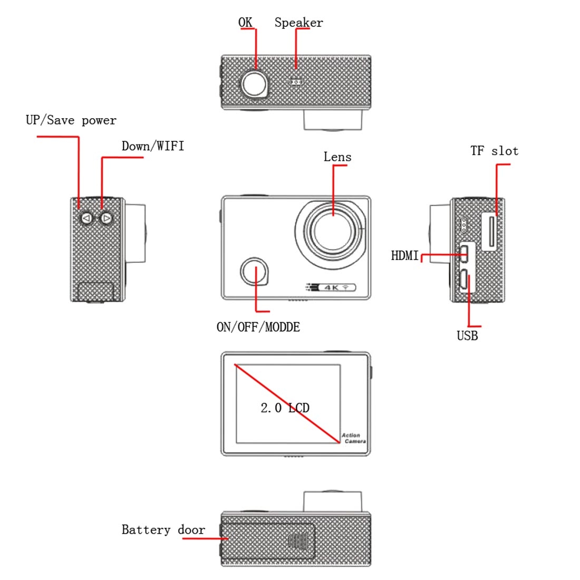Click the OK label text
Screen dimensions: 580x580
[x=245, y=22]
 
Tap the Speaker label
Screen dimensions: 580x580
[x=299, y=23]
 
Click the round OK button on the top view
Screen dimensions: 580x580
[x=255, y=84]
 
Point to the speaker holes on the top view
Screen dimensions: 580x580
[x=296, y=82]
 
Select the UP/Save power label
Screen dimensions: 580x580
[x=71, y=120]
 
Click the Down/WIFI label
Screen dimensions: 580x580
[x=153, y=146]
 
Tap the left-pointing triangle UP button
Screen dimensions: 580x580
[x=86, y=219]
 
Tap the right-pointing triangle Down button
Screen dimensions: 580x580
[x=107, y=219]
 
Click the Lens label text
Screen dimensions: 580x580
[x=337, y=157]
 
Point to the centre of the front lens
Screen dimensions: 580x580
[x=332, y=231]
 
